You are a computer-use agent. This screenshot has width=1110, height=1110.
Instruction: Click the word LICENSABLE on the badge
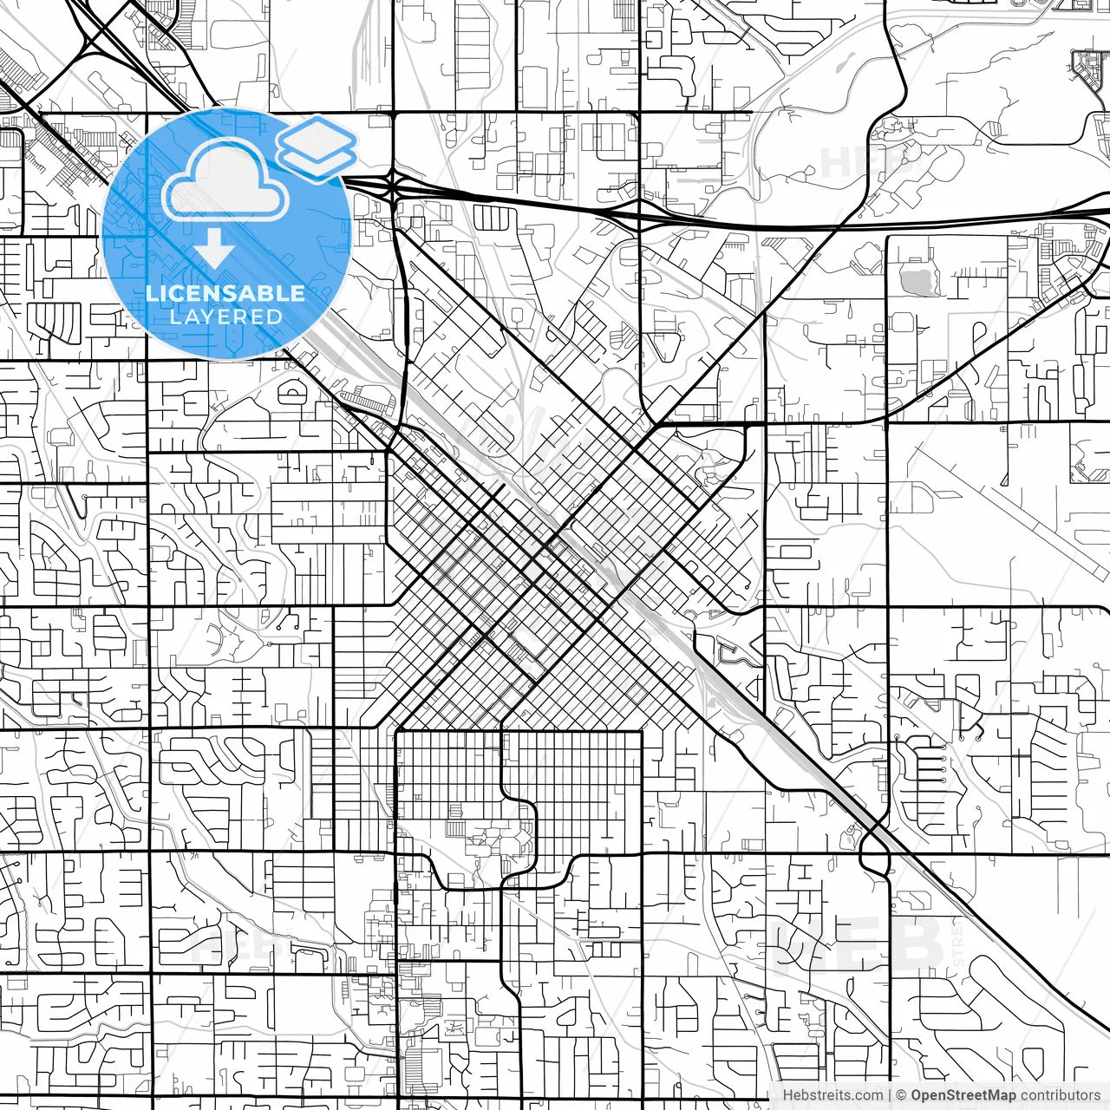(225, 293)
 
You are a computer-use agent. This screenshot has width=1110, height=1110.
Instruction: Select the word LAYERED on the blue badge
(225, 317)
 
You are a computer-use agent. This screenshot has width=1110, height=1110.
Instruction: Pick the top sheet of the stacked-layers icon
(317, 136)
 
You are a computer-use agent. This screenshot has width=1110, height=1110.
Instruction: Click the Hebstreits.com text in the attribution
(832, 1095)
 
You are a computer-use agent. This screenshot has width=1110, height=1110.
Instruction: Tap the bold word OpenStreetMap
(962, 1095)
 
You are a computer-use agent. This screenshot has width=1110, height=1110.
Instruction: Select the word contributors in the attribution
(1059, 1095)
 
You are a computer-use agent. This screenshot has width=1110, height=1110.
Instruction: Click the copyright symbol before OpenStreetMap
(901, 1095)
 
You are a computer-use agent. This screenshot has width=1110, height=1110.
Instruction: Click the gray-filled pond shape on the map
(913, 280)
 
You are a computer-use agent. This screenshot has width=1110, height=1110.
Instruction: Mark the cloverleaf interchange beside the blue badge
(393, 185)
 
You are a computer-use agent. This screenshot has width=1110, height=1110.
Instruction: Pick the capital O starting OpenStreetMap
(917, 1095)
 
